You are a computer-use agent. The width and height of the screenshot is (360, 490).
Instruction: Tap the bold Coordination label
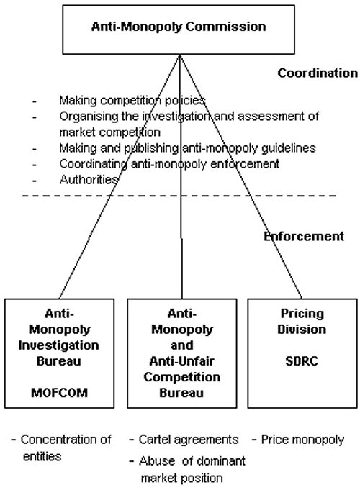point(318,73)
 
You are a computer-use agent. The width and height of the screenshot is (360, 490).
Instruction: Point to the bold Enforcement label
point(304,236)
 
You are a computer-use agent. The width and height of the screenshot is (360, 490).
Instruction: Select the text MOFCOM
point(60,393)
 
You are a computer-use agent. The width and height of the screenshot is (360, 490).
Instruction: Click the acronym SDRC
point(302,361)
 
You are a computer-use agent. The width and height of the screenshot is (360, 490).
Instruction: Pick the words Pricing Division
point(302,322)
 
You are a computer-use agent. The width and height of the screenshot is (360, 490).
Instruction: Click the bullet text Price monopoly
point(302,440)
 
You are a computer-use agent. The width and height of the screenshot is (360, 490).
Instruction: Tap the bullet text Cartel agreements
point(189,440)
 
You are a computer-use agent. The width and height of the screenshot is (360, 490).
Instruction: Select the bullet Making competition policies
point(132,101)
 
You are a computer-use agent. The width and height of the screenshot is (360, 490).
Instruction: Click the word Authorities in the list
point(89,180)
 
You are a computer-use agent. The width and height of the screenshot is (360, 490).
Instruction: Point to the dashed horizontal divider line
point(179,196)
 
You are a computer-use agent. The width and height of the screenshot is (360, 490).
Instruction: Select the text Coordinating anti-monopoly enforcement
point(169,164)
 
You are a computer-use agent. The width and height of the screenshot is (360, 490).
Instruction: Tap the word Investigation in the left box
point(59,345)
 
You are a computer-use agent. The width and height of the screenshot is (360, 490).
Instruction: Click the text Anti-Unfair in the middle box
point(181,361)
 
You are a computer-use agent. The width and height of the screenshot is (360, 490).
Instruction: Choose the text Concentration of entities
point(66,448)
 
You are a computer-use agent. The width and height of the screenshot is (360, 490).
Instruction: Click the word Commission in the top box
point(226,27)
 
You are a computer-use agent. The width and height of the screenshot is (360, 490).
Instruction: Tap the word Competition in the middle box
point(182,377)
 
